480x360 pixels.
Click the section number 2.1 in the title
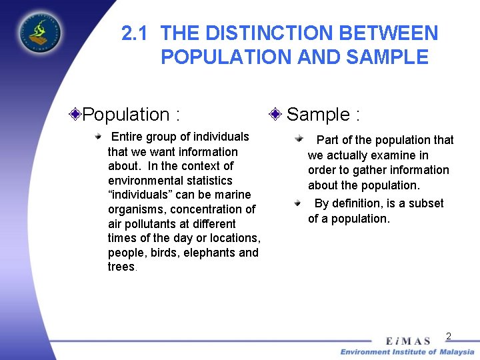[x=137, y=33]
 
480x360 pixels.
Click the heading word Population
[x=127, y=115]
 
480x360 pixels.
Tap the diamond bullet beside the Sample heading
[x=275, y=114]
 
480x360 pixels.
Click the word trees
[x=121, y=267]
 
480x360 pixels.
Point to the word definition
[x=369, y=203]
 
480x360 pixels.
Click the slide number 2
[x=449, y=336]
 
